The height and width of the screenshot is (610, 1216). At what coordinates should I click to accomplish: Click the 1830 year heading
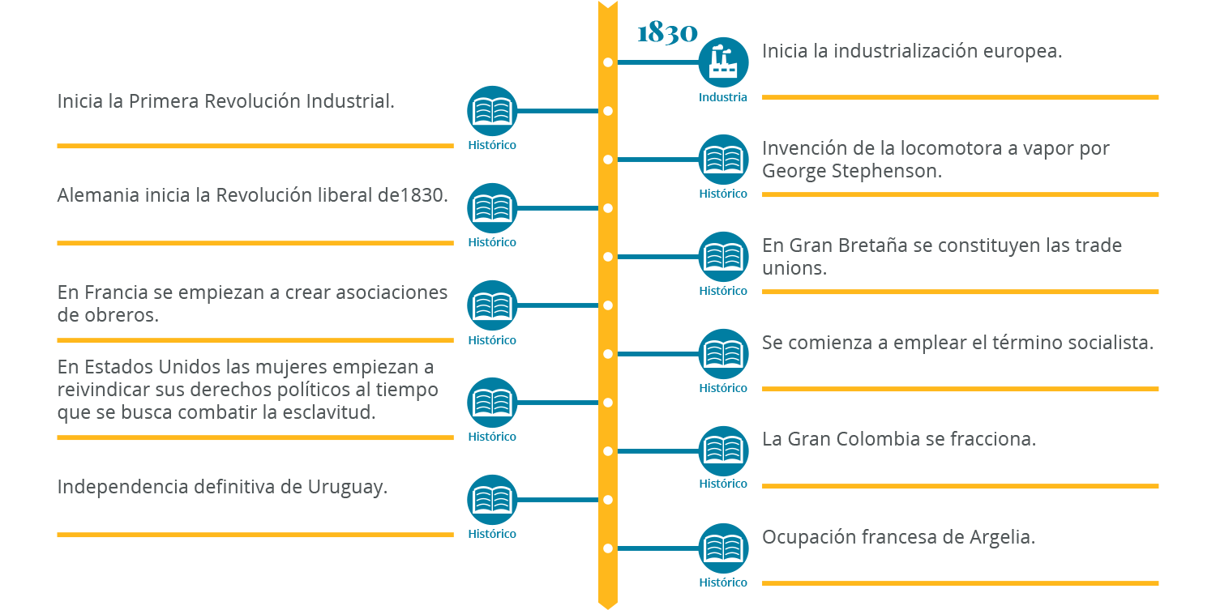click(x=667, y=33)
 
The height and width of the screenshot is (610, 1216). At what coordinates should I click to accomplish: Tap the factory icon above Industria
click(x=723, y=62)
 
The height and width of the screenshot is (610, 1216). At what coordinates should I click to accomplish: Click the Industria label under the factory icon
click(x=723, y=97)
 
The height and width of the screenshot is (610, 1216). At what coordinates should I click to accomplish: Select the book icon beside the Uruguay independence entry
click(x=492, y=499)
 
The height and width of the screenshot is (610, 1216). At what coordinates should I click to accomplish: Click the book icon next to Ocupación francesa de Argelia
click(x=723, y=548)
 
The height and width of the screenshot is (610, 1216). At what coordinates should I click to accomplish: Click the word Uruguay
click(x=346, y=487)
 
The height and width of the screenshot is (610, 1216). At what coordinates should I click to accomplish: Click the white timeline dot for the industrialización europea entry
click(x=608, y=62)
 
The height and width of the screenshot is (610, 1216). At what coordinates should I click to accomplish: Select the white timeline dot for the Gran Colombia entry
click(x=608, y=451)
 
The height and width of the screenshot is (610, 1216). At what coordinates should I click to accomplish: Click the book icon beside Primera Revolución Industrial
click(x=492, y=110)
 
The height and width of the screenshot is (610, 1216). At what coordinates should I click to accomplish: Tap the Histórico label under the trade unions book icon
click(x=723, y=291)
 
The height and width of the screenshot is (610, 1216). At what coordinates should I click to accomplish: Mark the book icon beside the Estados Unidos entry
click(x=492, y=402)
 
